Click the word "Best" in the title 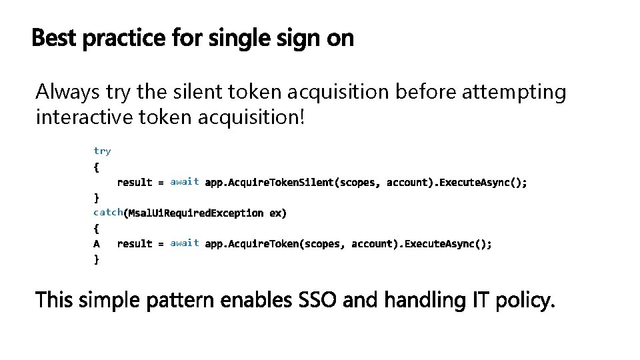[x=54, y=39]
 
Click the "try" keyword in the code [x=102, y=151]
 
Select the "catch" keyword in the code [x=108, y=213]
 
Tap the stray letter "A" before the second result [x=97, y=244]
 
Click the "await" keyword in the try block [x=185, y=181]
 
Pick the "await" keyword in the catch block [x=185, y=243]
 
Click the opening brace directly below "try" [x=97, y=167]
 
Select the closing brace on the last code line [x=97, y=260]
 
